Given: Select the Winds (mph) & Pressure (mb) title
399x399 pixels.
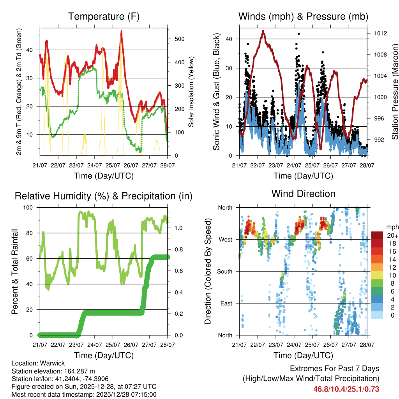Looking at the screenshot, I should (303, 16).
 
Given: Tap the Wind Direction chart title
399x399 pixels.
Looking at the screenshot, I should (303, 194).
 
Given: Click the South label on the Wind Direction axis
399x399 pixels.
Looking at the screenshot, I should (225, 271).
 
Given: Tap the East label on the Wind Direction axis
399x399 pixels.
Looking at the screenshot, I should (226, 303).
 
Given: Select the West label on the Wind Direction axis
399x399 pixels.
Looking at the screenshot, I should (226, 239).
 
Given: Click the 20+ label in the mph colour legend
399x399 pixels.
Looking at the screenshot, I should (392, 235).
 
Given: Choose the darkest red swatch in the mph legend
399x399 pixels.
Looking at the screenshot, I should (377, 235).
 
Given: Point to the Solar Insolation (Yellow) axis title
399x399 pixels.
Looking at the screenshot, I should (191, 92).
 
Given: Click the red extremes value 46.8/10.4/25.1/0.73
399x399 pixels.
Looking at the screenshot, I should (346, 389).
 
